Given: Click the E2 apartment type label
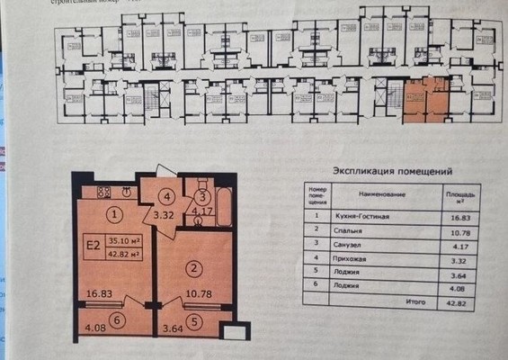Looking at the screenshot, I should [92, 243].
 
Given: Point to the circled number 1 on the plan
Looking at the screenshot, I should [113, 214].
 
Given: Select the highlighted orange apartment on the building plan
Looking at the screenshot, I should [424, 101].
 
